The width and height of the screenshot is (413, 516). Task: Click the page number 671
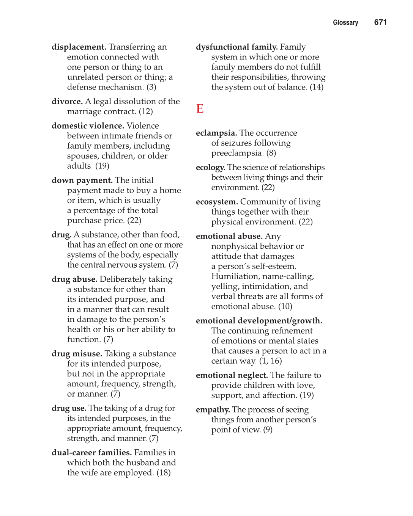point(380,22)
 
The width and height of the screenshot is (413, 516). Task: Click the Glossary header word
point(345,23)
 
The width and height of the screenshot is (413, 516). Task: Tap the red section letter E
point(200,109)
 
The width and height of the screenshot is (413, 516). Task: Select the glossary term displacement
point(79,47)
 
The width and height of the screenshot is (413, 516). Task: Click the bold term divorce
point(67,102)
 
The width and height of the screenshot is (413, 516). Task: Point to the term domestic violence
point(88,126)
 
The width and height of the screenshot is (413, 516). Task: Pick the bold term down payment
point(82,180)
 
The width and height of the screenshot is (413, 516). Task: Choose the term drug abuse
point(74,279)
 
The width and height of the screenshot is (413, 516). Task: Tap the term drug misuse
point(77,354)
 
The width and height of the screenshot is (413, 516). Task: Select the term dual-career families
point(91,453)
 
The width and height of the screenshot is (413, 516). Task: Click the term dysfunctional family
point(236,47)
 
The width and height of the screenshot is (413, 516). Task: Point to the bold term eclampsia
point(216,133)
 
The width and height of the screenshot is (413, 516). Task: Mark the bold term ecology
point(210,168)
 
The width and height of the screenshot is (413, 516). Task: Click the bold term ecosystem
point(217,202)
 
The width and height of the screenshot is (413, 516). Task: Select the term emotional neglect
point(232,375)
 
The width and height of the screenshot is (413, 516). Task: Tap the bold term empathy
point(213,410)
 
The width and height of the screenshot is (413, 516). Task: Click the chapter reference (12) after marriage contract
point(146,112)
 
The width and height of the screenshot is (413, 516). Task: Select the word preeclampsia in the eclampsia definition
point(237,153)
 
